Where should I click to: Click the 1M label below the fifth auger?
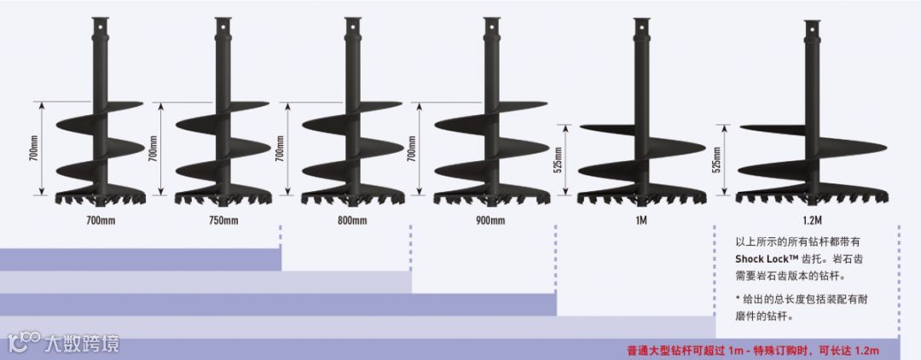[640, 221]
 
